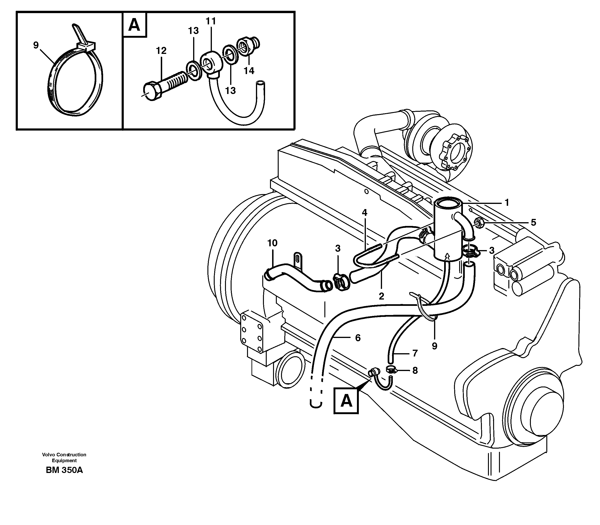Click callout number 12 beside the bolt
(x=161, y=51)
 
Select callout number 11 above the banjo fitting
(x=211, y=21)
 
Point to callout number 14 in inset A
(x=249, y=71)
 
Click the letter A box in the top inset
(x=135, y=25)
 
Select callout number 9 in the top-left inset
(x=36, y=45)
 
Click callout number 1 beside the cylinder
(x=506, y=202)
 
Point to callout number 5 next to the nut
(x=533, y=222)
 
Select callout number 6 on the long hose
(x=357, y=338)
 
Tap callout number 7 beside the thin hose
(x=415, y=354)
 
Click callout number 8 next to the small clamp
(x=415, y=371)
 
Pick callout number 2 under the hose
(x=381, y=296)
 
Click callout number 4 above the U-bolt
(x=364, y=213)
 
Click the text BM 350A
(x=64, y=479)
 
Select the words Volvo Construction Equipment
(x=64, y=457)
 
